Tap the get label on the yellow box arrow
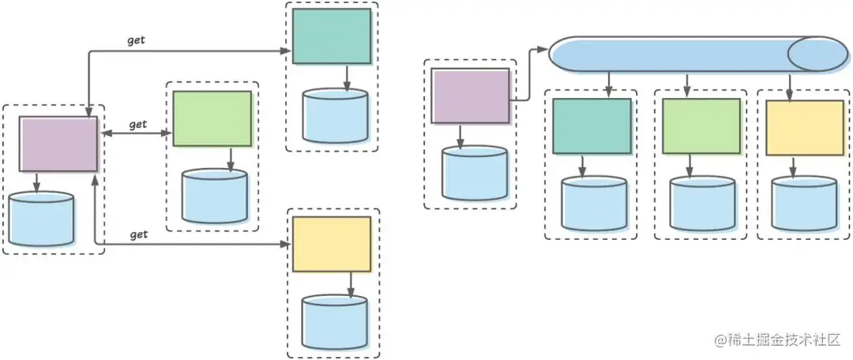tap(139, 234)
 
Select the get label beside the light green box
tap(138, 124)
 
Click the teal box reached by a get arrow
tap(331, 36)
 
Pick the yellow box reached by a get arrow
tap(331, 244)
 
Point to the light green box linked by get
tap(212, 118)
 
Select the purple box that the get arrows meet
tap(58, 144)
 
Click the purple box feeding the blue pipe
tap(470, 96)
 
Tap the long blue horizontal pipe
tap(671, 54)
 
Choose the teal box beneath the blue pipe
tap(592, 126)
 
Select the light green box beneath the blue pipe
tap(701, 126)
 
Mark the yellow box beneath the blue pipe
tap(804, 127)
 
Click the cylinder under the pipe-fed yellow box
tap(804, 203)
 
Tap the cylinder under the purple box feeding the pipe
tap(475, 174)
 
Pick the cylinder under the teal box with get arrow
tap(335, 115)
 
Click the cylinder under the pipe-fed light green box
tap(702, 204)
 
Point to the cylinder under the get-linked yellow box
tap(335, 322)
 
